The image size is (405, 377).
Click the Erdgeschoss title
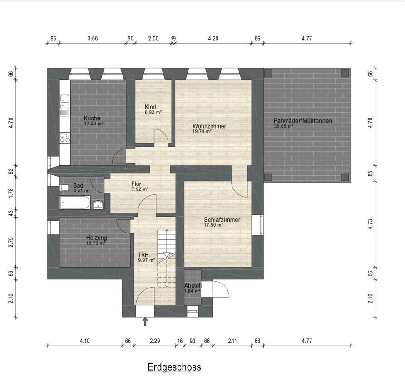pos(174,367)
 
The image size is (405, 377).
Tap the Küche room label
pos(92,119)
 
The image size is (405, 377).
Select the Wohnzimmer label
pos(209,126)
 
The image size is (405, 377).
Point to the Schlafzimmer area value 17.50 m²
pos(213,225)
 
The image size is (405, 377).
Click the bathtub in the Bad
pos(75,202)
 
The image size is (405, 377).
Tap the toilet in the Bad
pos(64,187)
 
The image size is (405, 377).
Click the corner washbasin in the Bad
pos(98,205)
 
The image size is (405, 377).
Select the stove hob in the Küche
pos(65,138)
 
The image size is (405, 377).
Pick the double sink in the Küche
pos(65,102)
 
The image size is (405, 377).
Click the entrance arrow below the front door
pos(145,322)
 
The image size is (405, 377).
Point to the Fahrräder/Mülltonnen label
pos(303,121)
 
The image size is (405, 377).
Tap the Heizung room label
pos(97,238)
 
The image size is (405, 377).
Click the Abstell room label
pos(193,286)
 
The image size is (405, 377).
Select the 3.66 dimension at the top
pos(93,39)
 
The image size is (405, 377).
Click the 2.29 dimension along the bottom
pos(155,341)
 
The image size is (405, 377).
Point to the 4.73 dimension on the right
pos(370,224)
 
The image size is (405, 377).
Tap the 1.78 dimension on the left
pos(10,193)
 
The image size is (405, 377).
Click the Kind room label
pos(150,107)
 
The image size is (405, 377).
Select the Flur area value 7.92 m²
pos(140,189)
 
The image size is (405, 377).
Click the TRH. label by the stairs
pos(144,255)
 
